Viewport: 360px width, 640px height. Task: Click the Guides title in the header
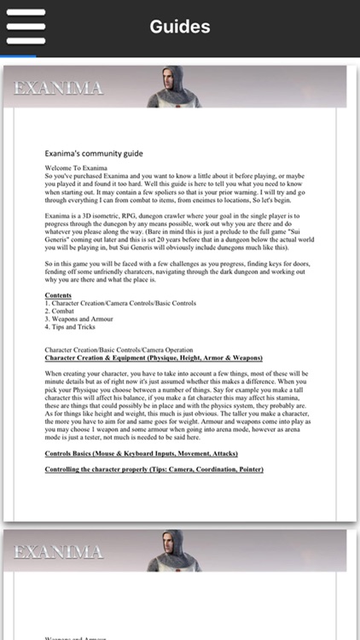[180, 26]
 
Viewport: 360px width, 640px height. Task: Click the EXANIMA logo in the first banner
[59, 88]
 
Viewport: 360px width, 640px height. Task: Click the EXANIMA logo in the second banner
[59, 552]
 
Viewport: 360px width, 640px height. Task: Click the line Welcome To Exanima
[76, 168]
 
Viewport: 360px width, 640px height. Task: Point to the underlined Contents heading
[58, 295]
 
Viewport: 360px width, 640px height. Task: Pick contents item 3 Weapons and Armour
[81, 319]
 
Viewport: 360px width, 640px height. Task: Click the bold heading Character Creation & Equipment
[154, 358]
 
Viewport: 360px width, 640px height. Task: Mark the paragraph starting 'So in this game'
[179, 273]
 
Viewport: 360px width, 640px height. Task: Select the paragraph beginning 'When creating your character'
[179, 405]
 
